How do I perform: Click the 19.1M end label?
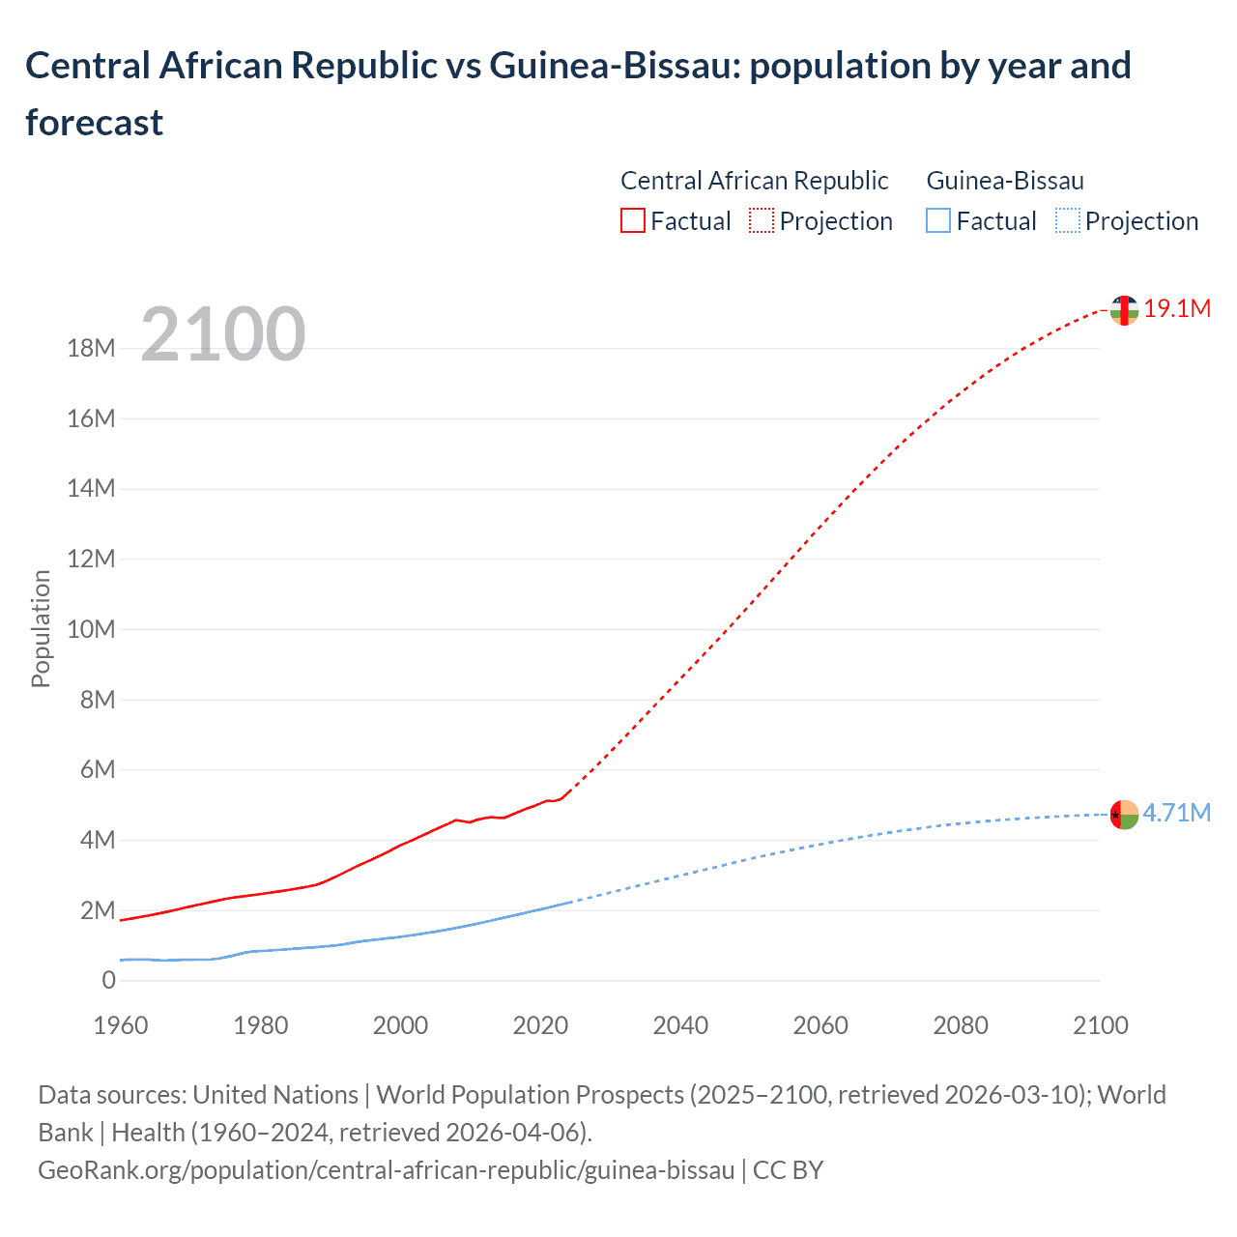[1176, 309]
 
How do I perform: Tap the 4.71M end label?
[1176, 813]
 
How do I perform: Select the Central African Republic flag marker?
[1124, 310]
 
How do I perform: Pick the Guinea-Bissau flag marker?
[1124, 815]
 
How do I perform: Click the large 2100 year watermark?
[223, 334]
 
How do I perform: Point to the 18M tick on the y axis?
[91, 349]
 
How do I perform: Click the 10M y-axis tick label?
[91, 630]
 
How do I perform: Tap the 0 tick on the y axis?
[108, 981]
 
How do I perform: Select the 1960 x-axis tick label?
[121, 1025]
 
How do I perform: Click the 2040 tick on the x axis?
[680, 1025]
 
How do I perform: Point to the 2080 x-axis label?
[961, 1025]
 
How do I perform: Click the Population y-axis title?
[41, 628]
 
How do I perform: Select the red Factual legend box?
[632, 221]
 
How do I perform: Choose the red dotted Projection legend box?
[762, 221]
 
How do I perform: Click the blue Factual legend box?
[938, 221]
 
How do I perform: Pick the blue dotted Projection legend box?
[1067, 221]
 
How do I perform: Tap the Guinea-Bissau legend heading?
[1005, 181]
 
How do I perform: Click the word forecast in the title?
[95, 123]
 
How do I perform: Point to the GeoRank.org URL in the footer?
[387, 1170]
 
